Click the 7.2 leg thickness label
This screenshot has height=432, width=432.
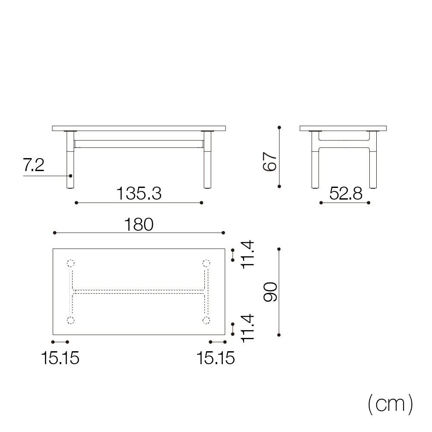pos(33,165)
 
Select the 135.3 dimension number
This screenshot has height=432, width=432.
pos(139,193)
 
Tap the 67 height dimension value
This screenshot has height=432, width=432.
pos(270,162)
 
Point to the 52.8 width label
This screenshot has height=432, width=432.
pos(346,193)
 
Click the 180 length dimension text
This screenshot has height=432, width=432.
pos(139,224)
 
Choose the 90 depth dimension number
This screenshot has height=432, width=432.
pos(270,292)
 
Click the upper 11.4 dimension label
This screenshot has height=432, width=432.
pos(248,254)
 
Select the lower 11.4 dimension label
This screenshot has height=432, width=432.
pos(248,328)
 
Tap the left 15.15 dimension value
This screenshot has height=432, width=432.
pos(60,358)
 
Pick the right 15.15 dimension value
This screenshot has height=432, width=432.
pos(216,358)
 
